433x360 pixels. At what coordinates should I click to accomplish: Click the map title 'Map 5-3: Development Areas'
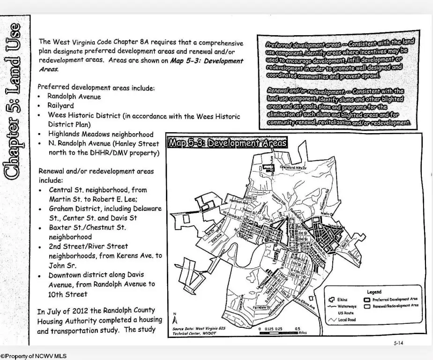[228, 143]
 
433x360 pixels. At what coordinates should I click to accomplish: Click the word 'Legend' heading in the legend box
[373, 292]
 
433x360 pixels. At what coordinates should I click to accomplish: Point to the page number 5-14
[398, 343]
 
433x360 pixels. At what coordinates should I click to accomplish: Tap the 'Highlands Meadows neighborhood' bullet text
[100, 134]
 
